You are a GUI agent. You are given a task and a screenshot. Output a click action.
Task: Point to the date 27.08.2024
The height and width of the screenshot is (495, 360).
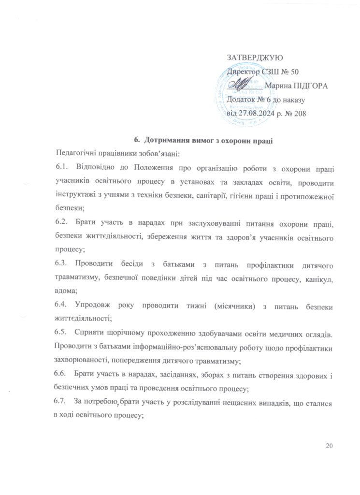260,114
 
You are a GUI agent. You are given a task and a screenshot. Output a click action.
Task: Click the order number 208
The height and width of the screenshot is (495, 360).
299,114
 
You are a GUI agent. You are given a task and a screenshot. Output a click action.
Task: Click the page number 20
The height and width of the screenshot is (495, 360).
330,446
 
